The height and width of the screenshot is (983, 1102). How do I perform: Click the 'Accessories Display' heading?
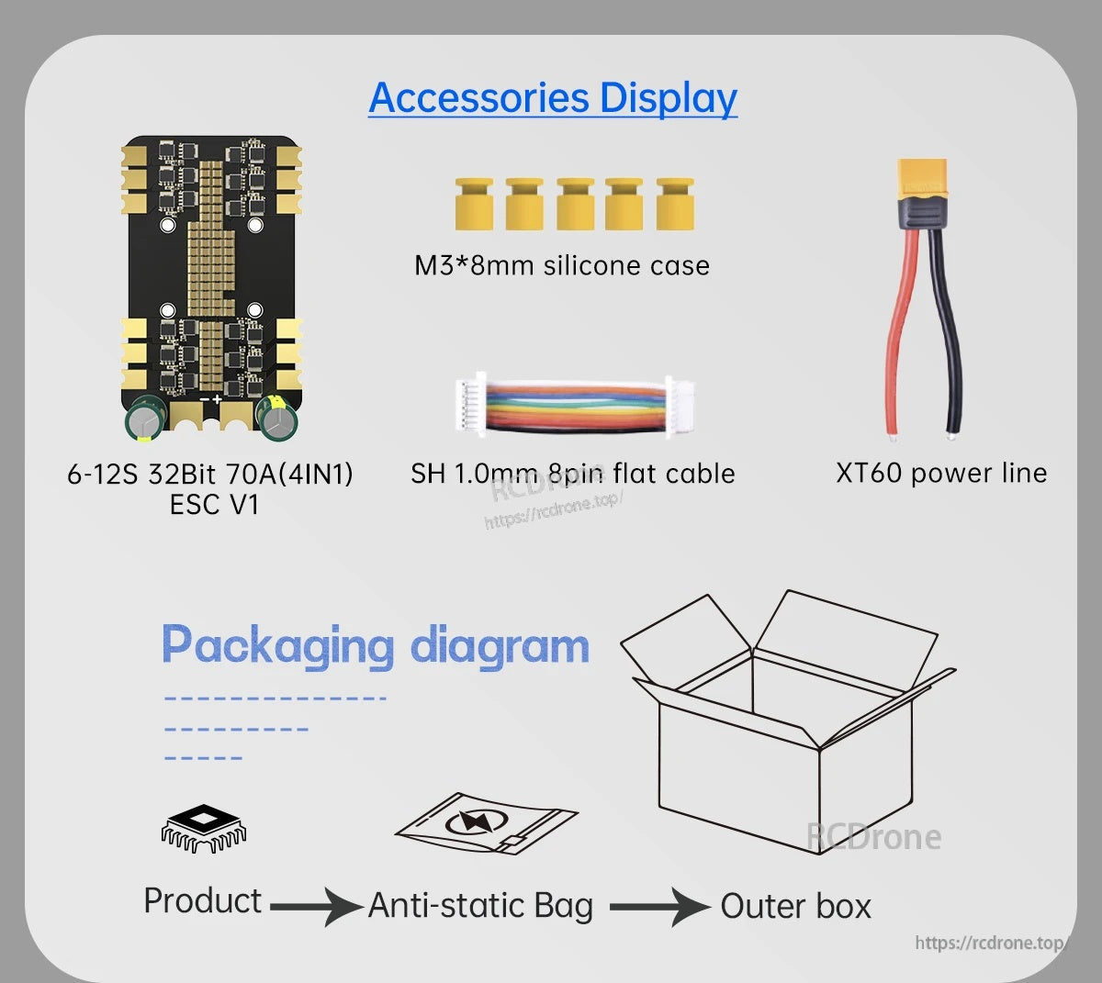[x=553, y=98]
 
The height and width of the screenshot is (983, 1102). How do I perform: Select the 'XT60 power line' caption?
[x=941, y=473]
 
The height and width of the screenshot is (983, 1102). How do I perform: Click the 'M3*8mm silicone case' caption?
[x=562, y=266]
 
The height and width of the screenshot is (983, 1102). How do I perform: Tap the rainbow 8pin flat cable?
[x=575, y=405]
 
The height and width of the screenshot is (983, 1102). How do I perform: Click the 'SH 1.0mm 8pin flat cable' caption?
[x=573, y=474]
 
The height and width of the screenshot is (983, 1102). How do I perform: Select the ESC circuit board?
[x=211, y=288]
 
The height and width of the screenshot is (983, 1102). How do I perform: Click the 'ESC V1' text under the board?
[x=214, y=505]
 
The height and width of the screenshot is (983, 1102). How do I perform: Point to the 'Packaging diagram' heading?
[x=376, y=645]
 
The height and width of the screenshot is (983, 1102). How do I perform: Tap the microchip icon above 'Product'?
[x=204, y=828]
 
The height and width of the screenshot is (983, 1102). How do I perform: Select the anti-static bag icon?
[x=487, y=822]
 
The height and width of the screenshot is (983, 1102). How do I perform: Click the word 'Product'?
[x=203, y=901]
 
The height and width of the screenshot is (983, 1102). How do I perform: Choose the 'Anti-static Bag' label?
[x=481, y=906]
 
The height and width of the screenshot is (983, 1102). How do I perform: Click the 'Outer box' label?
[x=796, y=906]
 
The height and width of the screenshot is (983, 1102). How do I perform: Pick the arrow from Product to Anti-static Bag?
[x=317, y=906]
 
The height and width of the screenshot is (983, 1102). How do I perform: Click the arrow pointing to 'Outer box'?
[x=659, y=906]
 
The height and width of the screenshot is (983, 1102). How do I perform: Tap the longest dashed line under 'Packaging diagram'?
[x=275, y=698]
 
